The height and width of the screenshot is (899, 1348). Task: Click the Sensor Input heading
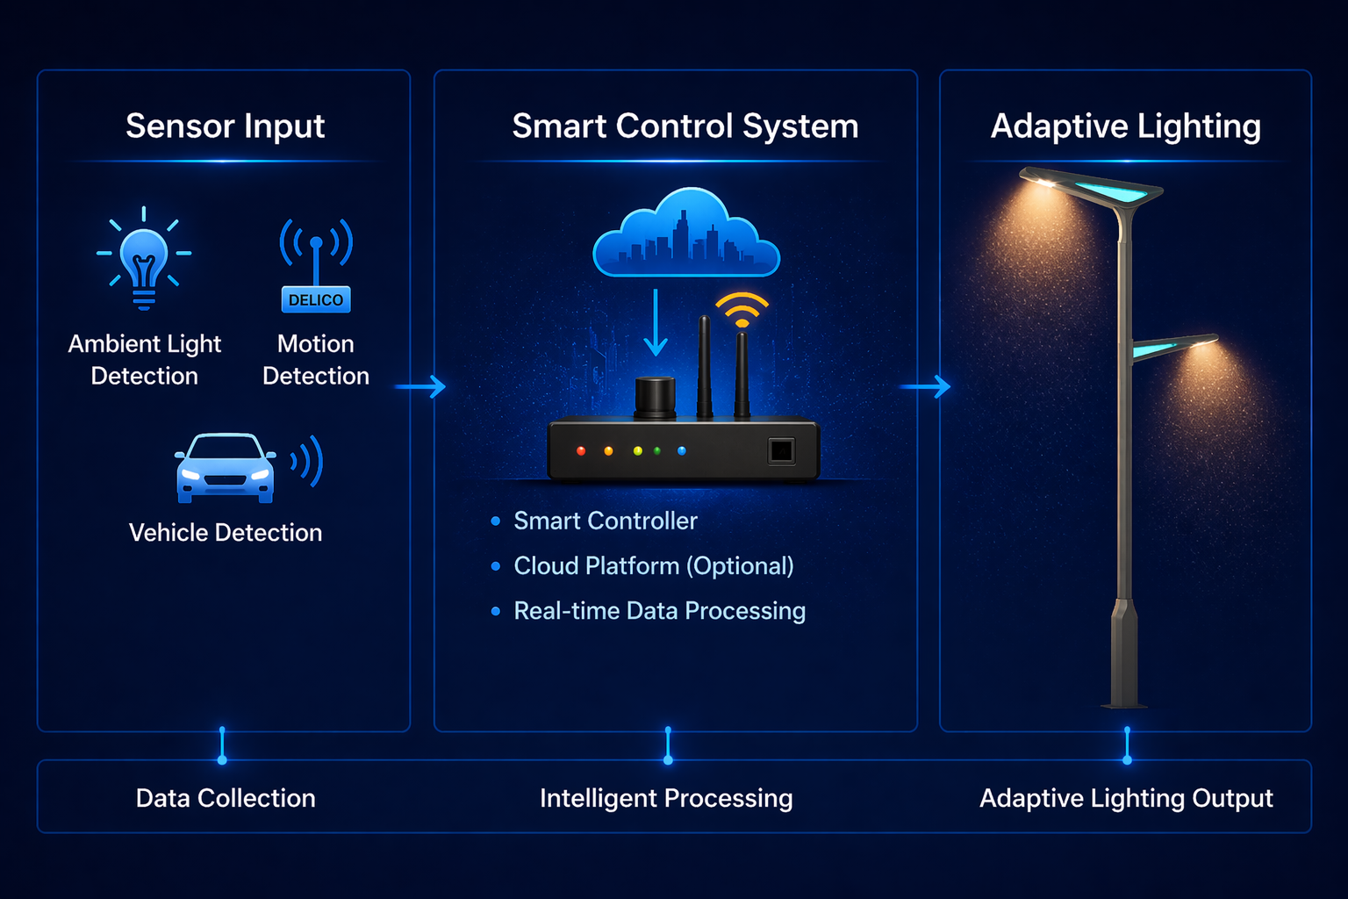point(225,126)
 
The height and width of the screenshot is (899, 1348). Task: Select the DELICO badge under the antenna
point(316,300)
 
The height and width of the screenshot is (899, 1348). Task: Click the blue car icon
point(226,468)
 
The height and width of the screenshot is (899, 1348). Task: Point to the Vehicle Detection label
point(226,533)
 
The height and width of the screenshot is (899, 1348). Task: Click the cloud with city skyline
point(685,234)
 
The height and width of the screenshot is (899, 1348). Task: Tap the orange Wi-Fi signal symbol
point(742,309)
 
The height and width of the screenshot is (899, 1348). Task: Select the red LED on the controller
point(581,451)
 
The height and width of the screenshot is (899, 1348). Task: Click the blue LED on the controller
point(682,451)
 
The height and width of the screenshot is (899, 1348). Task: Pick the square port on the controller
point(780,451)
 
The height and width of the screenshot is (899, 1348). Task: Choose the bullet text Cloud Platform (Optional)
point(653,566)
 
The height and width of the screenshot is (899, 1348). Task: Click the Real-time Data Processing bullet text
point(659,611)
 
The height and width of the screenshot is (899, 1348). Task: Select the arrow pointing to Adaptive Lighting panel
point(927,386)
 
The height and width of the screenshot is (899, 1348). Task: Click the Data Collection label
point(226,798)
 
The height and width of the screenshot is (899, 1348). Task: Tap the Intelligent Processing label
point(666,798)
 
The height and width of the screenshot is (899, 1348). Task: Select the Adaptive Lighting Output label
point(1126,798)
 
